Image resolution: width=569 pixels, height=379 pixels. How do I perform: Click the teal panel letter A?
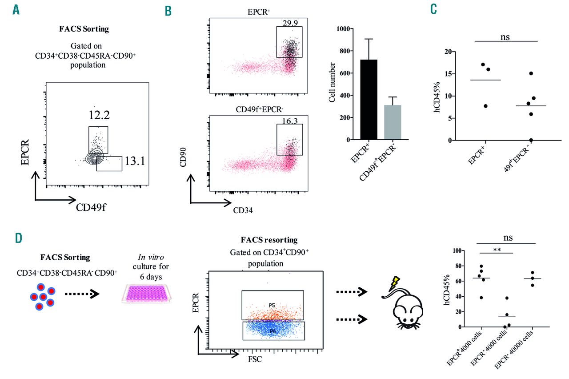[16, 10]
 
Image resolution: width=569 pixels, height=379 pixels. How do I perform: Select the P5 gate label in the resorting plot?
[272, 305]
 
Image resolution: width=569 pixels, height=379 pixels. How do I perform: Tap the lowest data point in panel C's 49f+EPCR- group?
[531, 140]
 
